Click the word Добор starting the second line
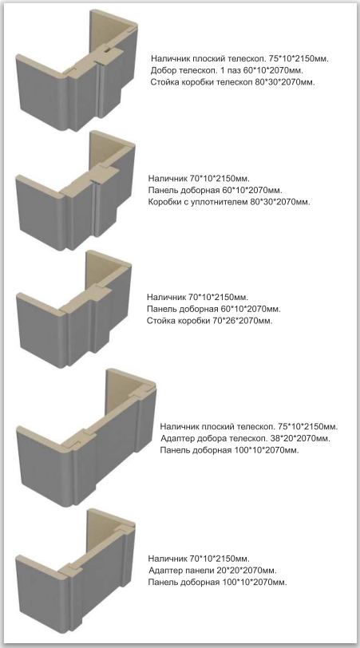point(161,70)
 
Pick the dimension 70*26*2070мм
point(243,321)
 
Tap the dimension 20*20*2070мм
point(247,571)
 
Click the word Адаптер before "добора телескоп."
point(175,438)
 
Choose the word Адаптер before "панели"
point(164,571)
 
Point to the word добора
point(206,438)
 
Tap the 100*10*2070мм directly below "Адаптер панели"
point(254,583)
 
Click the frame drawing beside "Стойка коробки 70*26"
point(74,309)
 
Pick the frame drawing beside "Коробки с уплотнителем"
point(75,191)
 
